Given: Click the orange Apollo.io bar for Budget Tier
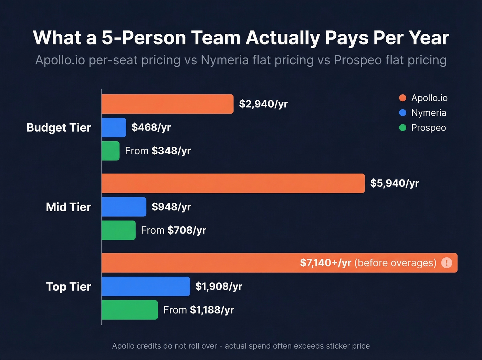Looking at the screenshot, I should click(x=167, y=104).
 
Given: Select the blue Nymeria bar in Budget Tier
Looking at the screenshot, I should click(x=114, y=127).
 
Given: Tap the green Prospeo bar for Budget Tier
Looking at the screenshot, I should click(x=111, y=151).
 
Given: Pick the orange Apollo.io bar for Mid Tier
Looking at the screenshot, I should click(x=233, y=183).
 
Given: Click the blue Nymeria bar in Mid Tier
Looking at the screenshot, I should click(x=124, y=207).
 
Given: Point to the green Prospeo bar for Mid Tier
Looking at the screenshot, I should click(x=118, y=230).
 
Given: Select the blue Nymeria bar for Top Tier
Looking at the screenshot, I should click(x=146, y=286).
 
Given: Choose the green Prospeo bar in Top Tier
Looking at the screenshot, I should click(x=130, y=310).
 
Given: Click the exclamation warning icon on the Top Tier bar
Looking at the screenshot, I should click(x=447, y=263).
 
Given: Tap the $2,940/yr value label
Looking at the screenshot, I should click(x=263, y=104).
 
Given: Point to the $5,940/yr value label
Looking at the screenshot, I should click(x=395, y=183).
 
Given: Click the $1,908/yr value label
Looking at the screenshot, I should click(x=219, y=286).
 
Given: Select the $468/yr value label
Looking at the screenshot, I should click(x=151, y=127).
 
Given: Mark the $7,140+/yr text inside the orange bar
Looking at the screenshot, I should click(x=325, y=263).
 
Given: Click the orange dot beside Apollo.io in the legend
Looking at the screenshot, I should click(x=402, y=98).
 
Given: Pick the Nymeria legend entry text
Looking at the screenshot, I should click(x=429, y=113).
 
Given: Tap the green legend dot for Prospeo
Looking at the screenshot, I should click(x=402, y=128).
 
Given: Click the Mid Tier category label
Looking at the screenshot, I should click(x=69, y=207).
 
